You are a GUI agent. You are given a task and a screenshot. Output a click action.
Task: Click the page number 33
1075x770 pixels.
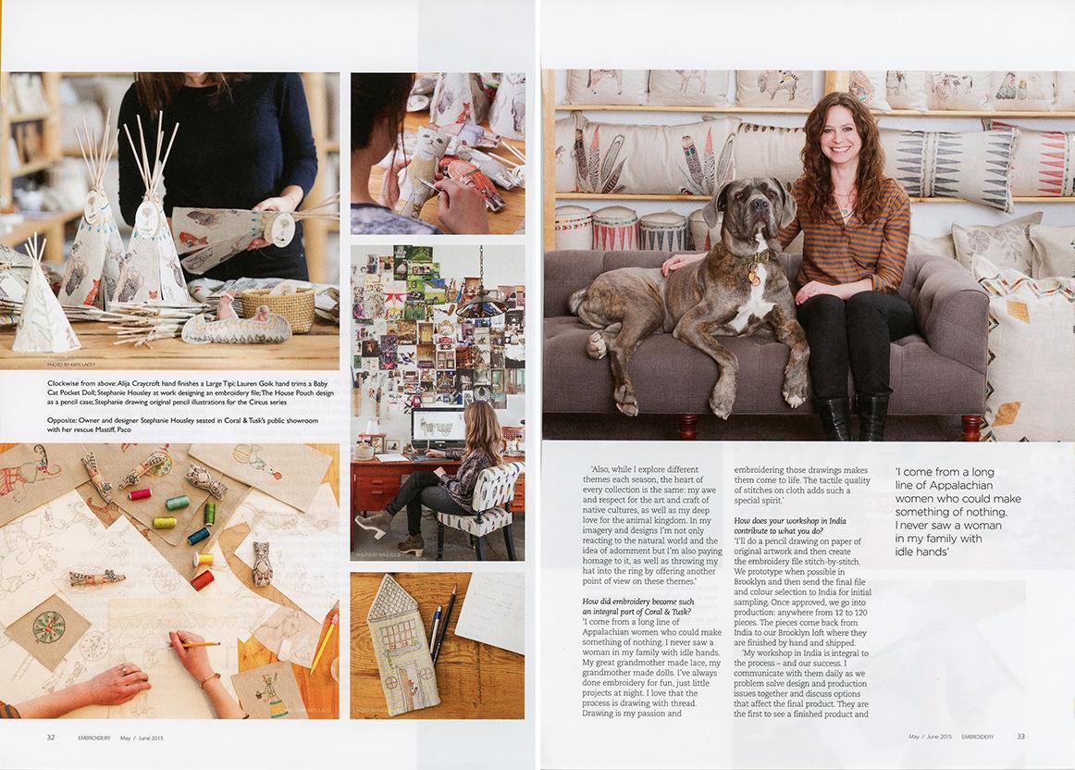tap(1020, 737)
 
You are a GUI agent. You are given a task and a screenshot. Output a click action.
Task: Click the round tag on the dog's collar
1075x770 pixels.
tap(754, 274)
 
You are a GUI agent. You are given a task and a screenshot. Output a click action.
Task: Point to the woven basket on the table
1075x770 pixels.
tap(290, 308)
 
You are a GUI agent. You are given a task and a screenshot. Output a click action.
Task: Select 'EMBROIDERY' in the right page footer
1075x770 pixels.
tap(976, 737)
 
